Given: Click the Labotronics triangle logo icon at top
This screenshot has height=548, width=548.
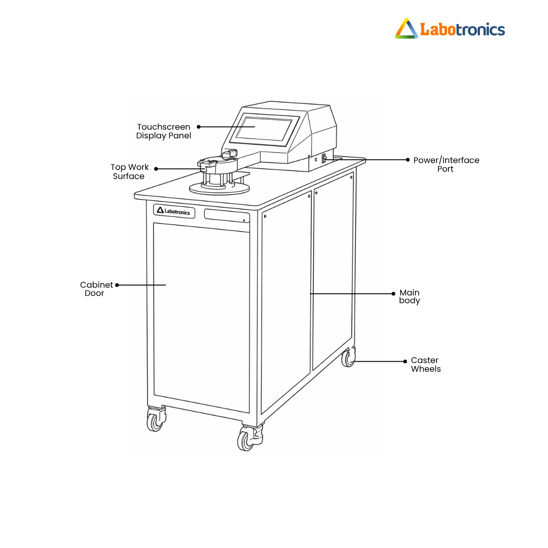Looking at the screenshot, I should click(406, 29).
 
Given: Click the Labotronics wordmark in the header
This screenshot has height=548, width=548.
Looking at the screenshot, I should click(462, 30).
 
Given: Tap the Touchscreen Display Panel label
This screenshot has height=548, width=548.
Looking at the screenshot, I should click(163, 131).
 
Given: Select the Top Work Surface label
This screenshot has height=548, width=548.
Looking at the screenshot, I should click(129, 172).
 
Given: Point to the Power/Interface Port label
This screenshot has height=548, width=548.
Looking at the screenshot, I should click(446, 164).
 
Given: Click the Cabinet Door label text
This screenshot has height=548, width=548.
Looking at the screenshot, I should click(96, 289).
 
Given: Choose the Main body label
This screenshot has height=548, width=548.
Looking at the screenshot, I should click(409, 296).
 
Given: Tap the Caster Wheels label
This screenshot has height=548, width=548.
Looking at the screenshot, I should click(426, 364).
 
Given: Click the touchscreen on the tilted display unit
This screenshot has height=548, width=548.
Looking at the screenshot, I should click(264, 128).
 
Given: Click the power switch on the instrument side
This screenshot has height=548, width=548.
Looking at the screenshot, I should click(324, 158).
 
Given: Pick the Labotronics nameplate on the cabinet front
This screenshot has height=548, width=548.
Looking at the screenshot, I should click(174, 211).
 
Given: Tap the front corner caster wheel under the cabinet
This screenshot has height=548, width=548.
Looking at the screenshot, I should click(247, 439).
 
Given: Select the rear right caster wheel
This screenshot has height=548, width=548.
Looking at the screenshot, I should click(348, 358).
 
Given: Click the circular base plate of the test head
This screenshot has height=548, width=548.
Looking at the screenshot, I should click(220, 188).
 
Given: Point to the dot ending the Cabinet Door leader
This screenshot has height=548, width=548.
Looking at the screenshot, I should click(117, 285).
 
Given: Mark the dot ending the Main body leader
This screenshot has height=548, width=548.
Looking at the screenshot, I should click(394, 294).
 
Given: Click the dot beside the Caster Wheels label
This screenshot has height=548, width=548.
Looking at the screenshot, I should click(405, 361).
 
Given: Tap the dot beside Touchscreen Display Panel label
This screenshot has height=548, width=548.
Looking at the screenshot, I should click(199, 127).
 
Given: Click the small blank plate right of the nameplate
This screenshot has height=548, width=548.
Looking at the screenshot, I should click(227, 216).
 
